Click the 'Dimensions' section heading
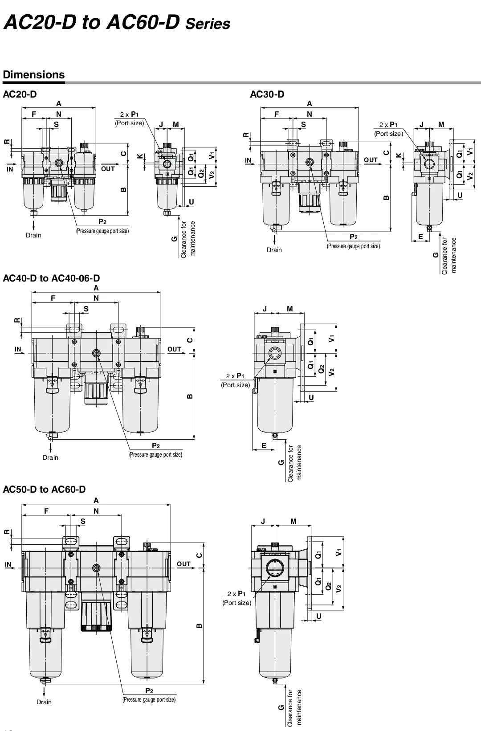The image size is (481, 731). point(34,74)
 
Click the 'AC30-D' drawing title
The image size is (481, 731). point(267,94)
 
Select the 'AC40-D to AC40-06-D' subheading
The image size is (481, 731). point(51,278)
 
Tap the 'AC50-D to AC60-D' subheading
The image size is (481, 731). point(44,489)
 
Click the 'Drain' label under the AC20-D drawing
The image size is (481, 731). point(33,235)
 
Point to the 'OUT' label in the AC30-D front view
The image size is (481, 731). point(371,160)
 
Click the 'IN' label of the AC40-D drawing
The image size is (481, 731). point(18,349)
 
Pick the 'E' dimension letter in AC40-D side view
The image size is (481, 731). point(264,445)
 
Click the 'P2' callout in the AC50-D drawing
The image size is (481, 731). point(149,691)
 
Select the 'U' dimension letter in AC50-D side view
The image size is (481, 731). point(318,617)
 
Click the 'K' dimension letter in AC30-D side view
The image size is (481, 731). point(399,156)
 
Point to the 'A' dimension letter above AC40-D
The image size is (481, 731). point(96,288)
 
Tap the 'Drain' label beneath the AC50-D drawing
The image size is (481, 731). point(44,702)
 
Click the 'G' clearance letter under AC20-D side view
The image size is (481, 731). point(174,239)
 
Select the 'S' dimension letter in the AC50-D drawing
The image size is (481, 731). point(83,521)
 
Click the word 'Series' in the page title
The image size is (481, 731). point(208,24)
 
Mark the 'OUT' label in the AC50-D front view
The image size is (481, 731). point(183,564)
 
